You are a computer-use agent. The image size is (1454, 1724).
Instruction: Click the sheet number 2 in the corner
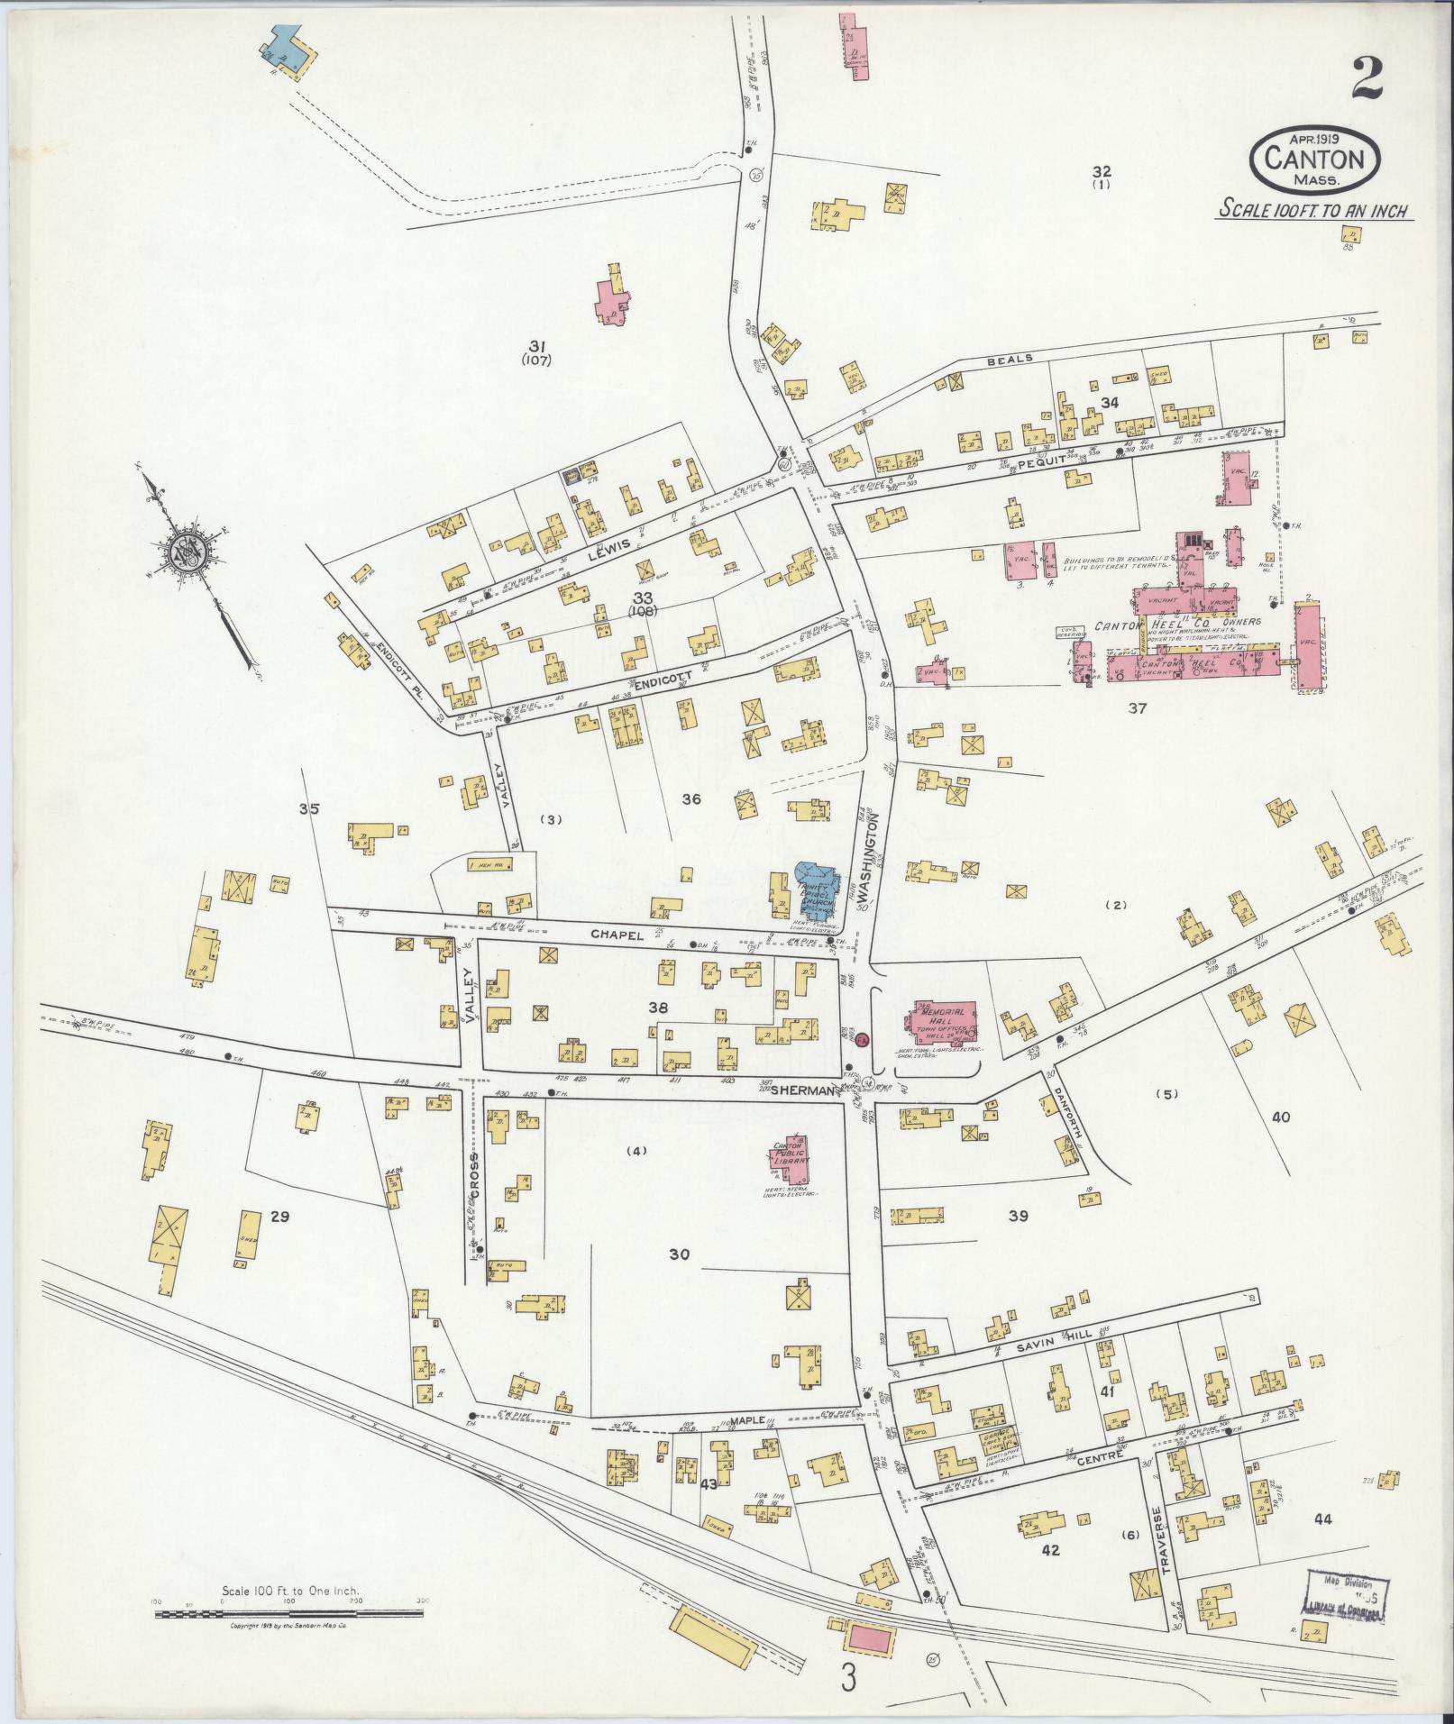1367,79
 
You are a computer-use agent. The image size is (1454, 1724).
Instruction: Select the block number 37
1138,708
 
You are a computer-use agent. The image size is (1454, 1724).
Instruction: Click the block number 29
279,1218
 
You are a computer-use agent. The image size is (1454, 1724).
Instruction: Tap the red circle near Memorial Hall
862,1040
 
